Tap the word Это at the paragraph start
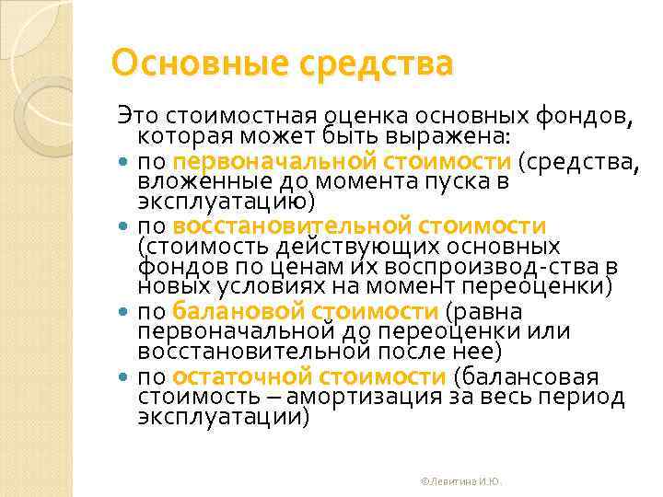coord(134,118)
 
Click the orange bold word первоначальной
coord(261,162)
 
